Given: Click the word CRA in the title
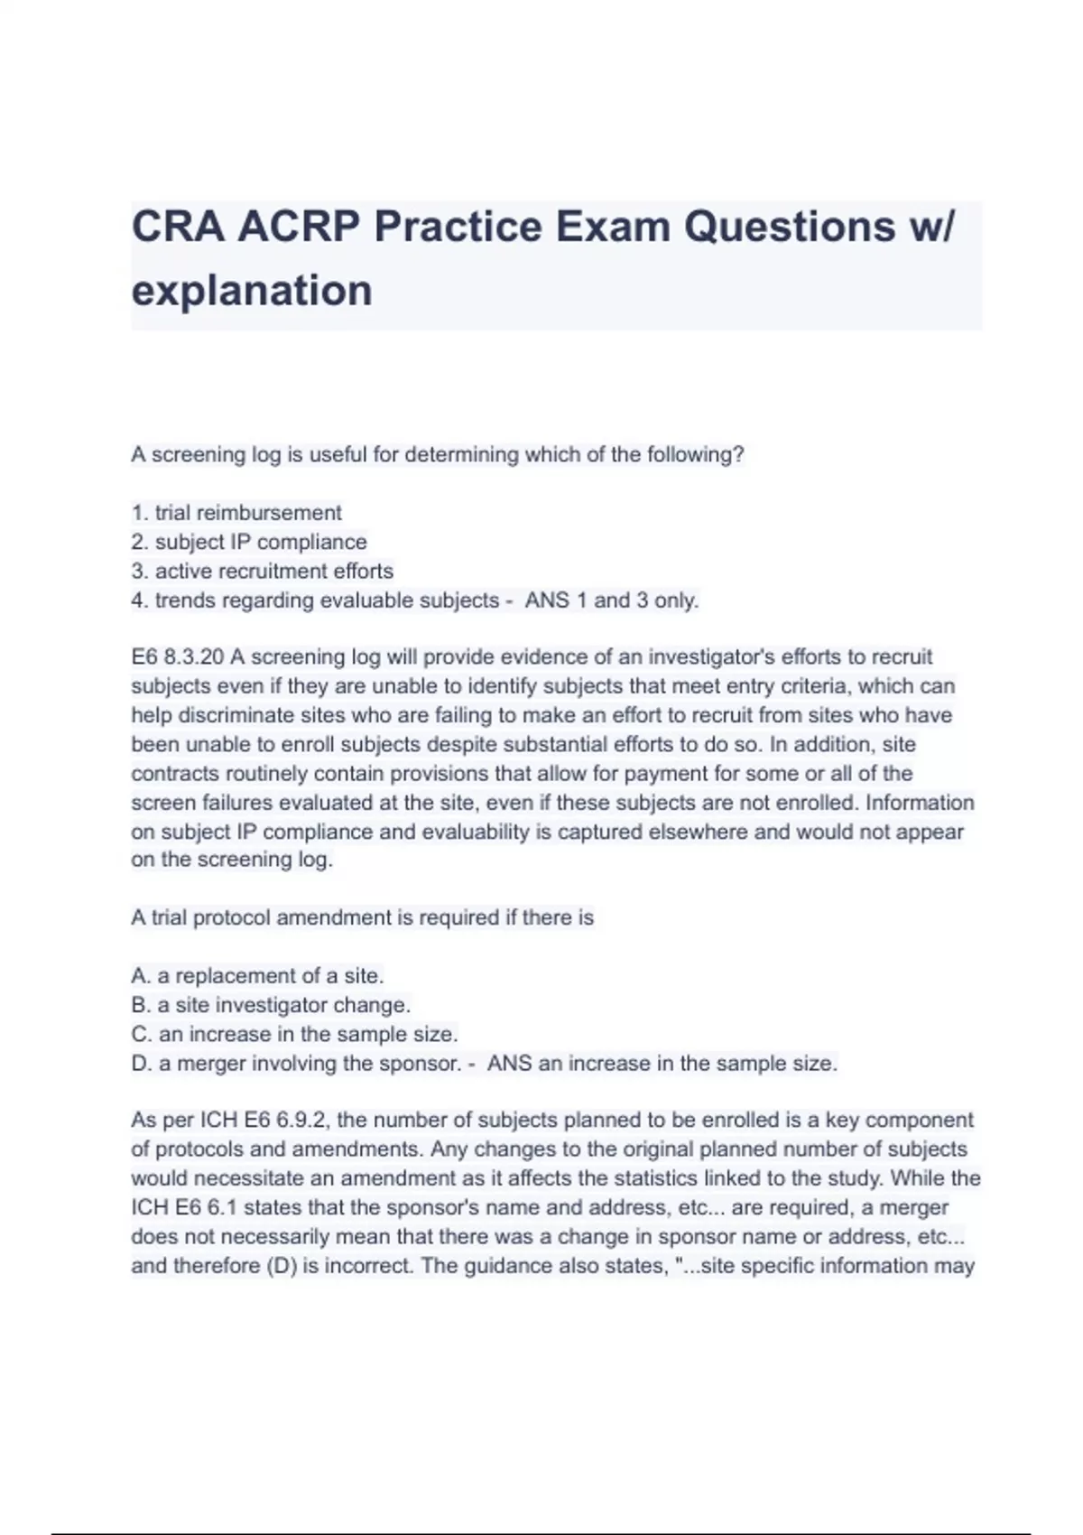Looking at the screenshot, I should (x=177, y=226).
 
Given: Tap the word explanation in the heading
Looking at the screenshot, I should (x=252, y=291).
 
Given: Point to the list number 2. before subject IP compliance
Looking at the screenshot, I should (x=139, y=542).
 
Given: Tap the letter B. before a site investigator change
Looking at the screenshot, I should (x=140, y=1005).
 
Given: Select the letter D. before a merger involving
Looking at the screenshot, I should (x=141, y=1064).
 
